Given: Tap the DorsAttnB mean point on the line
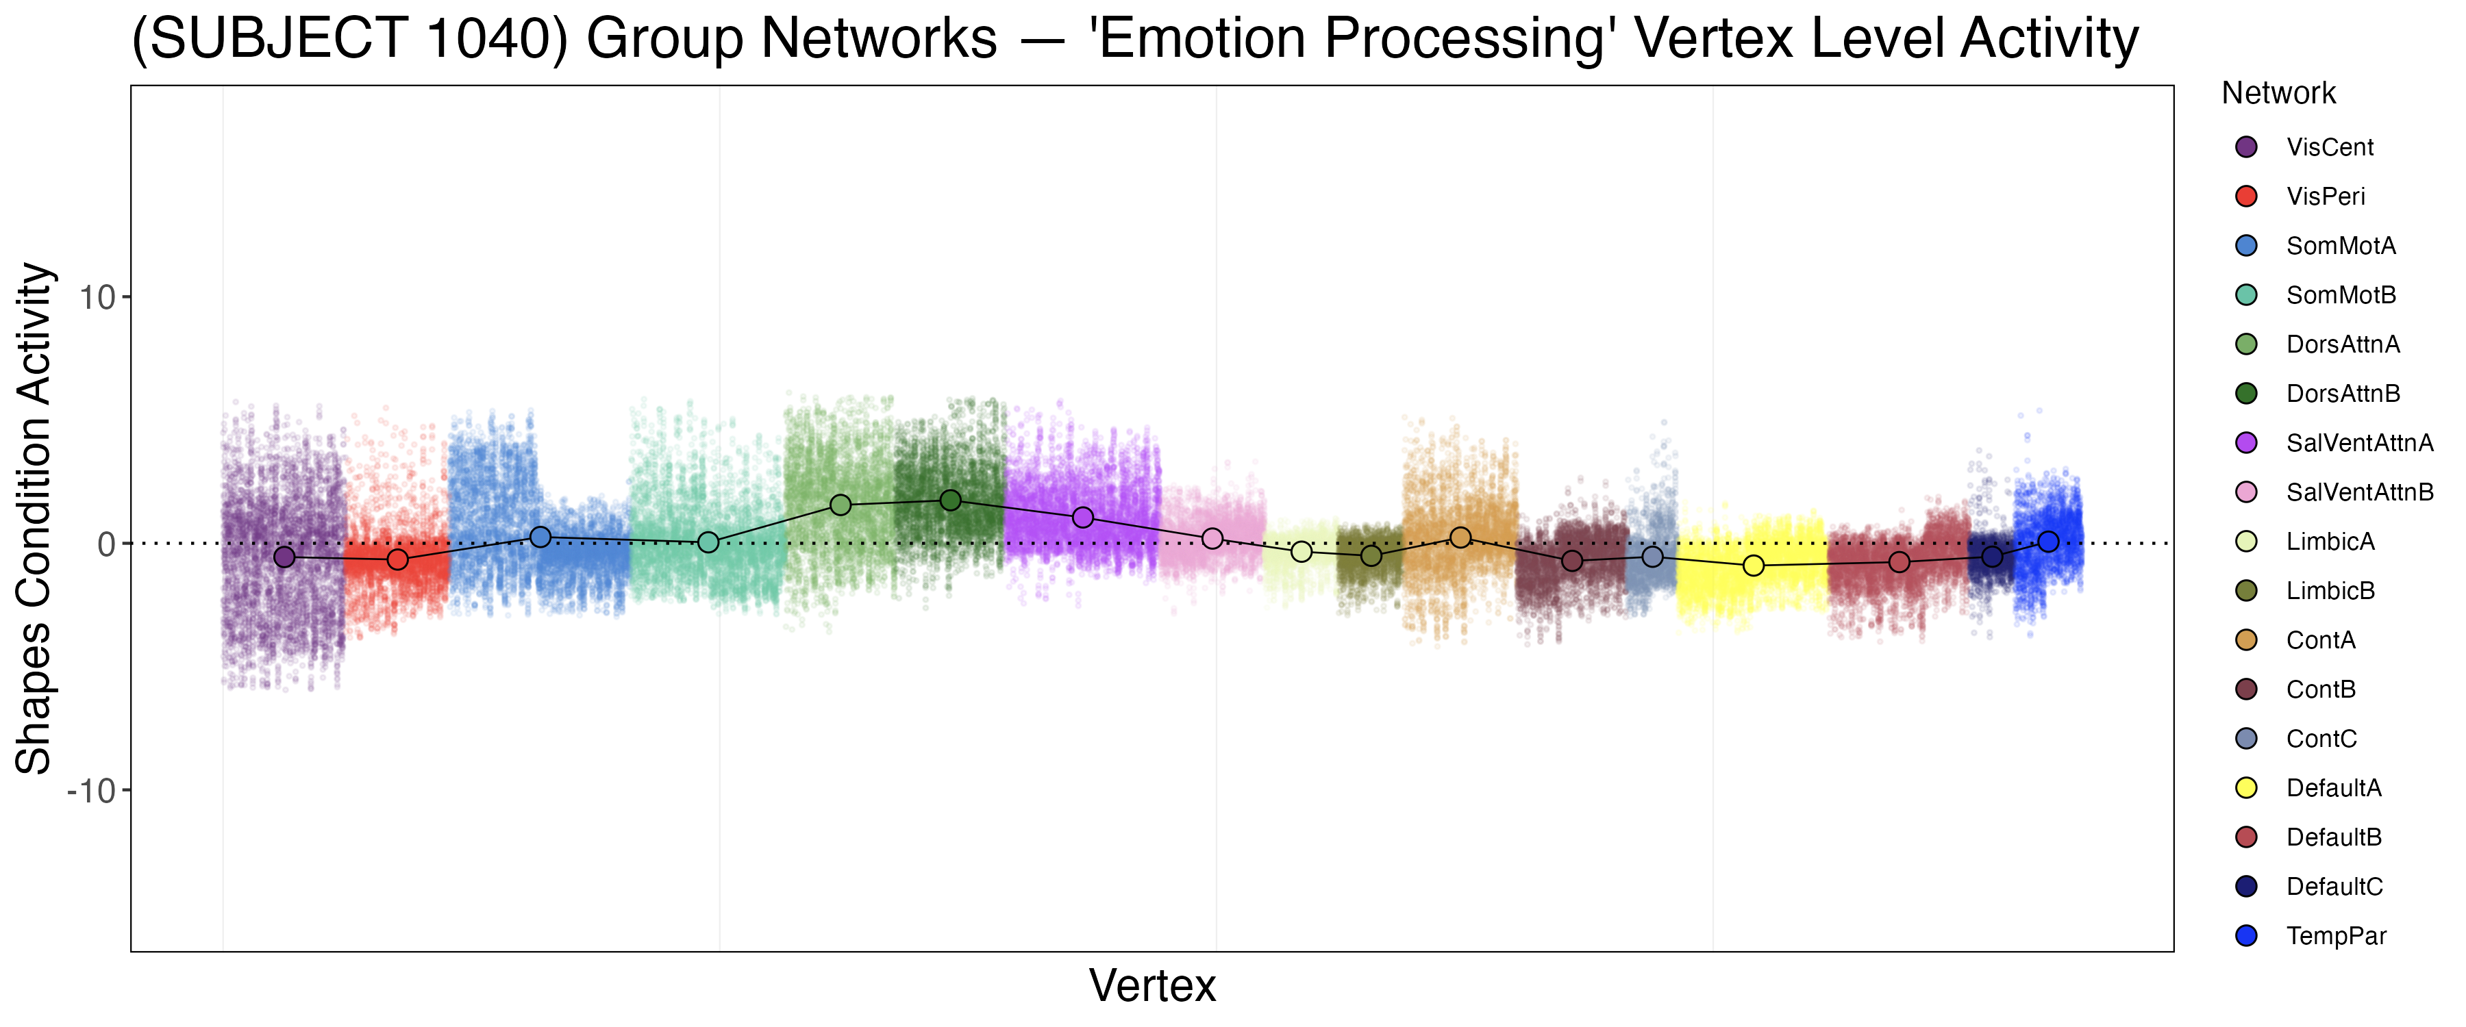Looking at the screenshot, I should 951,500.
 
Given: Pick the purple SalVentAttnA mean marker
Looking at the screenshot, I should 1083,518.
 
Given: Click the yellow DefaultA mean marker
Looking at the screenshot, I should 1754,566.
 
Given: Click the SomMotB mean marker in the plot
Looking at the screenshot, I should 708,543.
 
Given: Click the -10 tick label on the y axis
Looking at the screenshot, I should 91,791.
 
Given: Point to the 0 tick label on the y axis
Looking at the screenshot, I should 106,544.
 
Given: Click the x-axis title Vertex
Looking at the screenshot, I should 1153,986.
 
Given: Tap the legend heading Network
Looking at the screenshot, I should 2278,93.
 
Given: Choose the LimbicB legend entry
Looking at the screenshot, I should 2330,591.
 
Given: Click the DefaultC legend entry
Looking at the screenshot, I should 2334,887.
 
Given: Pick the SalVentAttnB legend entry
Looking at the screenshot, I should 2358,492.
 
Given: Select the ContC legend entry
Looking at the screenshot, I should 2321,739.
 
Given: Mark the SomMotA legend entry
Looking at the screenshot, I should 2341,246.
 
